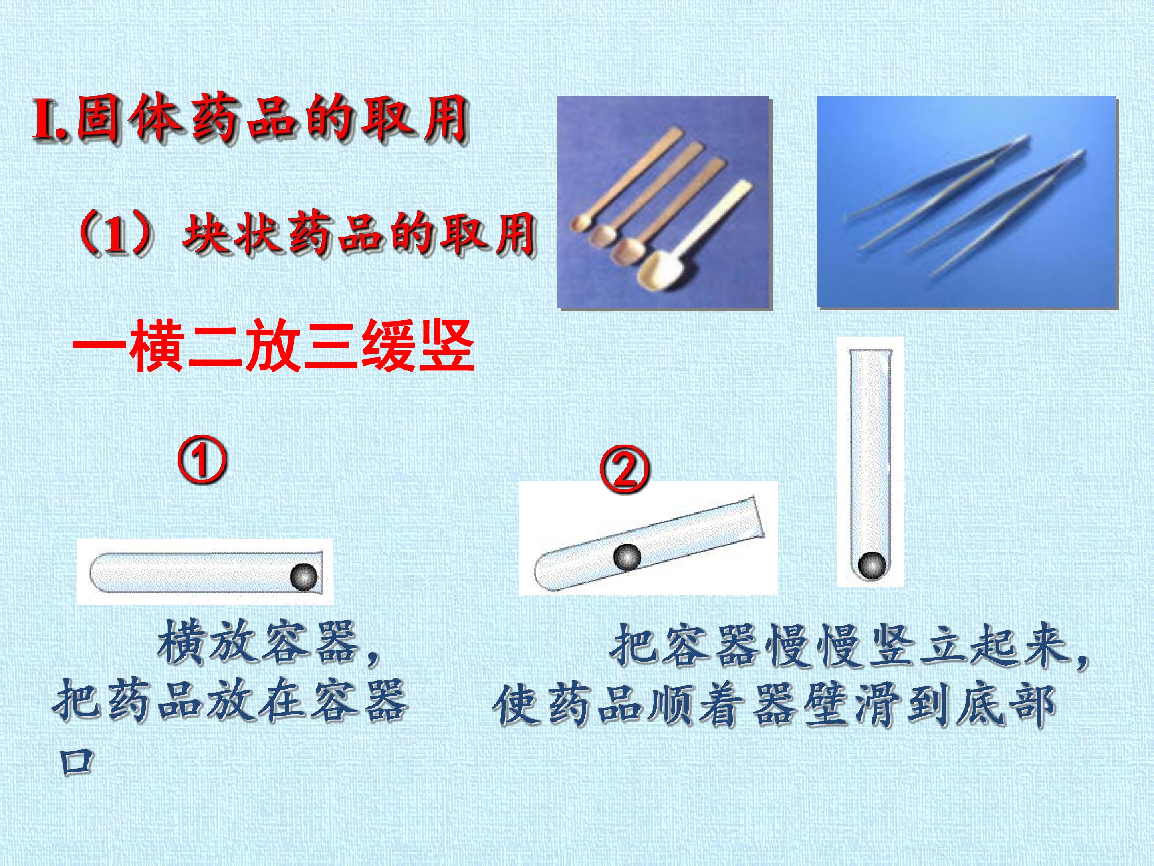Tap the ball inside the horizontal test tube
[303, 577]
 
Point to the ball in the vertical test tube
[871, 565]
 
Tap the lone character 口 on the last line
[76, 762]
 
